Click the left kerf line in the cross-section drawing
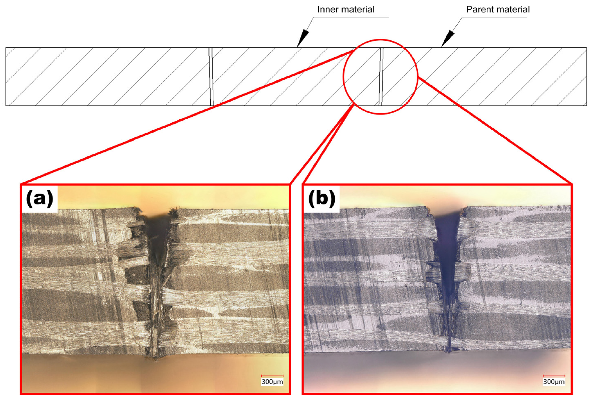click(x=211, y=77)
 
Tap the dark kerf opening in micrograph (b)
click(x=447, y=242)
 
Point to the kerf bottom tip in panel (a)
click(x=155, y=358)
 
